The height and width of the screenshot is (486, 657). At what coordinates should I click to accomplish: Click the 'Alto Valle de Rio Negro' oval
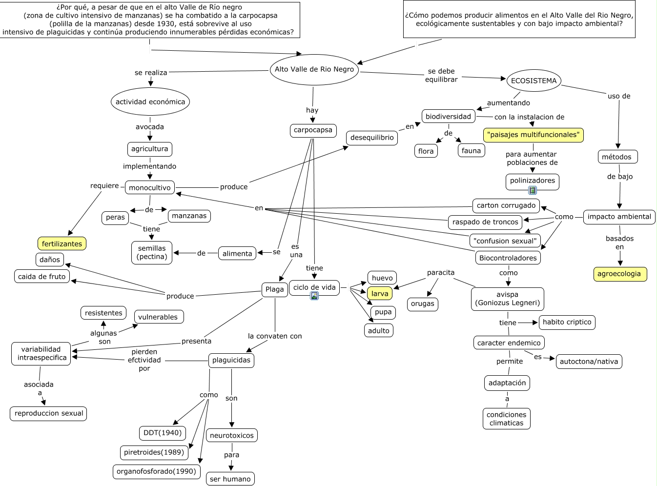pyautogui.click(x=314, y=69)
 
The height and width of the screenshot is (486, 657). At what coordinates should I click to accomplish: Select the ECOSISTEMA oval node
pyautogui.click(x=534, y=81)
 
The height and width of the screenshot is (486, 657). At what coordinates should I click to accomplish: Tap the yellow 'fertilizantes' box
pyautogui.click(x=62, y=243)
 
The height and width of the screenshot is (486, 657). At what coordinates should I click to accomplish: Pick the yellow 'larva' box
pyautogui.click(x=380, y=294)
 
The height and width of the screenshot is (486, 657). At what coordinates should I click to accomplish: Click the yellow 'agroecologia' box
pyautogui.click(x=619, y=274)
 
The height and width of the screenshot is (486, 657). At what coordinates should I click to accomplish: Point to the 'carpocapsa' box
pyautogui.click(x=313, y=130)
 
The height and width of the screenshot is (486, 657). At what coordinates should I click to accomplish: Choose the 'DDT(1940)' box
pyautogui.click(x=162, y=432)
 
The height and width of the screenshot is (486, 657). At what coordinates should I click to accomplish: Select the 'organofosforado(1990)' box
pyautogui.click(x=156, y=471)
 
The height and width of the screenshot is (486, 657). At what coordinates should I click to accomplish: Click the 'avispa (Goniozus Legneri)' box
pyautogui.click(x=508, y=299)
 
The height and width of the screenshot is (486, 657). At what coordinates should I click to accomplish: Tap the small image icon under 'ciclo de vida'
pyautogui.click(x=314, y=296)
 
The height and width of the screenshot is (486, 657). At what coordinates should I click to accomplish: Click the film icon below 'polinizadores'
pyautogui.click(x=532, y=190)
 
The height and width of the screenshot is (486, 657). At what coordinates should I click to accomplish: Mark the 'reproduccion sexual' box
pyautogui.click(x=49, y=413)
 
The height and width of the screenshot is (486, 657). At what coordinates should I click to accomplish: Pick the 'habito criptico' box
pyautogui.click(x=567, y=322)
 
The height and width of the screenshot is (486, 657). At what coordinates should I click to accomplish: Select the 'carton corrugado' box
pyautogui.click(x=506, y=205)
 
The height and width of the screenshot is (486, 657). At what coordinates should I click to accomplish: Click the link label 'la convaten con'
pyautogui.click(x=275, y=336)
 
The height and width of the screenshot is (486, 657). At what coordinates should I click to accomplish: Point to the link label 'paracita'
pyautogui.click(x=441, y=273)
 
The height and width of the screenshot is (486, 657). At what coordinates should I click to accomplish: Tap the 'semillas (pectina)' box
pyautogui.click(x=152, y=253)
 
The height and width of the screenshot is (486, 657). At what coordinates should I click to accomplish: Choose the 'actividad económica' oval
pyautogui.click(x=150, y=102)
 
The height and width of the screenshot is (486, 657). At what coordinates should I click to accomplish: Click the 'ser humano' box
pyautogui.click(x=230, y=479)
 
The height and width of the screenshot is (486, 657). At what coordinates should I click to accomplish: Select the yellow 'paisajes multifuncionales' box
pyautogui.click(x=534, y=135)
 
